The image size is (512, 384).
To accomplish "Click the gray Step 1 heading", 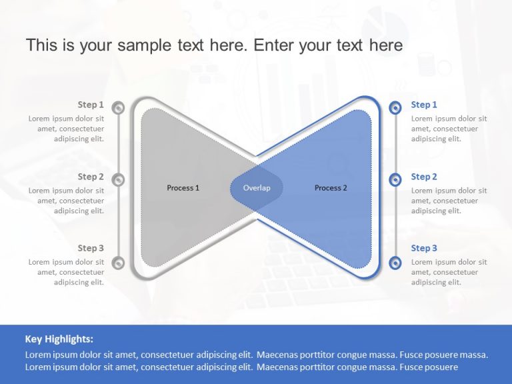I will (91, 105).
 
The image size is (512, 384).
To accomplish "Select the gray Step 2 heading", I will (91, 177).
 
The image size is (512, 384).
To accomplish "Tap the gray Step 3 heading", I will (91, 248).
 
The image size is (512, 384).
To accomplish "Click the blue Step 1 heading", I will (424, 105).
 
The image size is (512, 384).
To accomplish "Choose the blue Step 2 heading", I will (424, 177).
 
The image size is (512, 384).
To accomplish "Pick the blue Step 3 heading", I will (424, 248).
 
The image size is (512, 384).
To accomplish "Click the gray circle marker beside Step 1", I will (118, 107).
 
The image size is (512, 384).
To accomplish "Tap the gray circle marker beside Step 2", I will (118, 179).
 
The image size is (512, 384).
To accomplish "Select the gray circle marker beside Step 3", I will (118, 263).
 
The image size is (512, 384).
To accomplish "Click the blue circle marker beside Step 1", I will (395, 107).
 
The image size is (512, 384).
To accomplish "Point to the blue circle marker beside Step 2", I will (395, 179).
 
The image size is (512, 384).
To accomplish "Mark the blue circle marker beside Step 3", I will (395, 263).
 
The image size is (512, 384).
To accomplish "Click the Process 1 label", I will (183, 188).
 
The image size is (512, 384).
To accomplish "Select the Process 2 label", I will (331, 188).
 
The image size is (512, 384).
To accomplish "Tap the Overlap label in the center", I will (257, 188).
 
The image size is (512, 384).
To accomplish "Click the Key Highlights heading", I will (59, 339).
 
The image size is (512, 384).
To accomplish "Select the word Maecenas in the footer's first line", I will (274, 355).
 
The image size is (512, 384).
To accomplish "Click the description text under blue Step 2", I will (449, 201).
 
